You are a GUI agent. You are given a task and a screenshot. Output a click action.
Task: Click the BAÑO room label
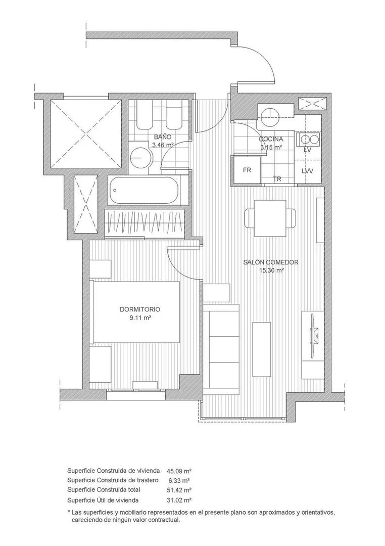(x=163, y=137)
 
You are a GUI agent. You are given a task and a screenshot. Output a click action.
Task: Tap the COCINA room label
(x=271, y=140)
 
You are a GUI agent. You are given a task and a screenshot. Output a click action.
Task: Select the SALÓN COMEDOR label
(x=270, y=262)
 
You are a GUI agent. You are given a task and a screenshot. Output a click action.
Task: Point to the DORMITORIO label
(x=139, y=309)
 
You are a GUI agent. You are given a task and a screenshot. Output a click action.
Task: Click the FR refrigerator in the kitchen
(x=247, y=170)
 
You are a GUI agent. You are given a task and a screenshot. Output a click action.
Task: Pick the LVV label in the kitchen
(x=307, y=171)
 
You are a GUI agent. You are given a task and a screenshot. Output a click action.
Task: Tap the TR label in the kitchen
(x=277, y=179)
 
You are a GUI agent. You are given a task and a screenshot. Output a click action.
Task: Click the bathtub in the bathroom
(x=144, y=190)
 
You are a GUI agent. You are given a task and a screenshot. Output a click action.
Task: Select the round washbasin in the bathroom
(x=140, y=158)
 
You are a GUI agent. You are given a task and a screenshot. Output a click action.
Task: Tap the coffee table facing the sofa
(x=261, y=349)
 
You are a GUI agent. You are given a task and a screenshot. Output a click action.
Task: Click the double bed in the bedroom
(x=136, y=311)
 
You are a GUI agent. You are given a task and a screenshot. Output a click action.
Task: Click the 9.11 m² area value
(x=139, y=317)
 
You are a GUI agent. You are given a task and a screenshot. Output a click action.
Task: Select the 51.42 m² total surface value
(x=179, y=490)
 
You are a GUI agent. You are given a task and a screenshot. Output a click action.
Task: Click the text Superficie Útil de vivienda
(x=103, y=500)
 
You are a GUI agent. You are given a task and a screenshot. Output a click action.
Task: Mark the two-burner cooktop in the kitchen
(x=308, y=140)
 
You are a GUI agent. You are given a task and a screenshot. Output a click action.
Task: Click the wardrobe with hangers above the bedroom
(x=144, y=223)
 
